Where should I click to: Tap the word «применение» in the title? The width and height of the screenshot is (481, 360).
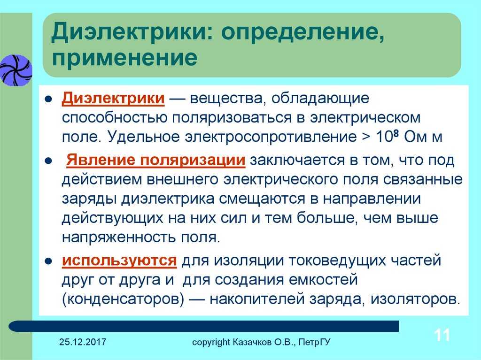pos(124,57)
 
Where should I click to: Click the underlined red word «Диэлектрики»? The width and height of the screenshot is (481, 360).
pos(113,99)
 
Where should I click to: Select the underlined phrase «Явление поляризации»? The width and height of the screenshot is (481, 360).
pos(156,160)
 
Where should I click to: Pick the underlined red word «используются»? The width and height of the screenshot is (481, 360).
pos(119,260)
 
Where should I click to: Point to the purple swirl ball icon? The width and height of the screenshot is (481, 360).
pos(16,70)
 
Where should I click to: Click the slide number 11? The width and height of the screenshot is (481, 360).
pos(442,335)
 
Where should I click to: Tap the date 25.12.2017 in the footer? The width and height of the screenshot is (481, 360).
pos(83,342)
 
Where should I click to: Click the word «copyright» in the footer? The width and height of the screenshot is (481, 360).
pos(211,342)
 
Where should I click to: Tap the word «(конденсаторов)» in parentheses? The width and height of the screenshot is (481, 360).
pos(123,299)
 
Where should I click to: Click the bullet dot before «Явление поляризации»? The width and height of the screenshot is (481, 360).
pos(48,161)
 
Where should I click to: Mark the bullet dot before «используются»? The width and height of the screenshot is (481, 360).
pos(48,261)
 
